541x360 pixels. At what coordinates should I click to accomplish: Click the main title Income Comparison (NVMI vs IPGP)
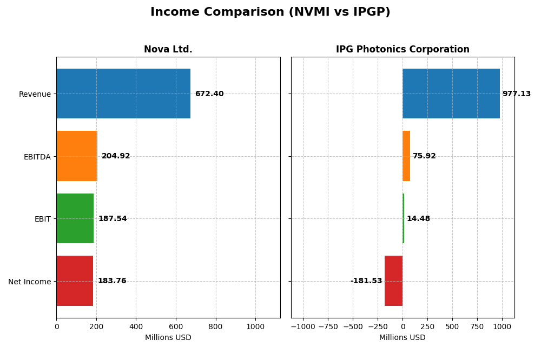coord(270,12)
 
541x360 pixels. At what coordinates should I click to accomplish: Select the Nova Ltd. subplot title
coord(168,49)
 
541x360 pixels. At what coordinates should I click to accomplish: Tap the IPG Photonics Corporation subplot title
coord(403,49)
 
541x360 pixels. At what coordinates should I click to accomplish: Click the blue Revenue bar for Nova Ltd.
coord(123,94)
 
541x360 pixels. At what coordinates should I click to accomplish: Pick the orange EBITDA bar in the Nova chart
coord(77,156)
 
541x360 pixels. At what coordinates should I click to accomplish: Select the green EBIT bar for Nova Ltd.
coord(75,218)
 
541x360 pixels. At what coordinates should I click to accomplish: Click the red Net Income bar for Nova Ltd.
coord(75,281)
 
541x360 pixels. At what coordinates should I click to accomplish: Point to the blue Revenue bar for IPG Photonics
coord(451,94)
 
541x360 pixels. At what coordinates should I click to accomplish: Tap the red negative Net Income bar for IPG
coord(393,281)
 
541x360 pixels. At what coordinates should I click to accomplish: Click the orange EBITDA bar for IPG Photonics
coord(406,156)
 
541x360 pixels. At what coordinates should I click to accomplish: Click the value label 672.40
coord(209,94)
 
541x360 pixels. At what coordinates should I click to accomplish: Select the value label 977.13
coord(517,94)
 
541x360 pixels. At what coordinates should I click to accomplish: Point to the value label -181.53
coord(366,281)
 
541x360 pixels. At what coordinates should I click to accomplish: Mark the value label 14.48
coord(418,219)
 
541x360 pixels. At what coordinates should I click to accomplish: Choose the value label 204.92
coord(116,156)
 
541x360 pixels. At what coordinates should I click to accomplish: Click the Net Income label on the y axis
coord(29,282)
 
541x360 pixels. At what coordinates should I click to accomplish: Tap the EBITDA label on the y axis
coord(37,157)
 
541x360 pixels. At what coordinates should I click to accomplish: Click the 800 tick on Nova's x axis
coord(216,326)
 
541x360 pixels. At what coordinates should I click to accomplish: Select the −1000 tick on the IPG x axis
coord(303,326)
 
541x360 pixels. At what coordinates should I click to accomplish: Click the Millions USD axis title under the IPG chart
coord(403,338)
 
